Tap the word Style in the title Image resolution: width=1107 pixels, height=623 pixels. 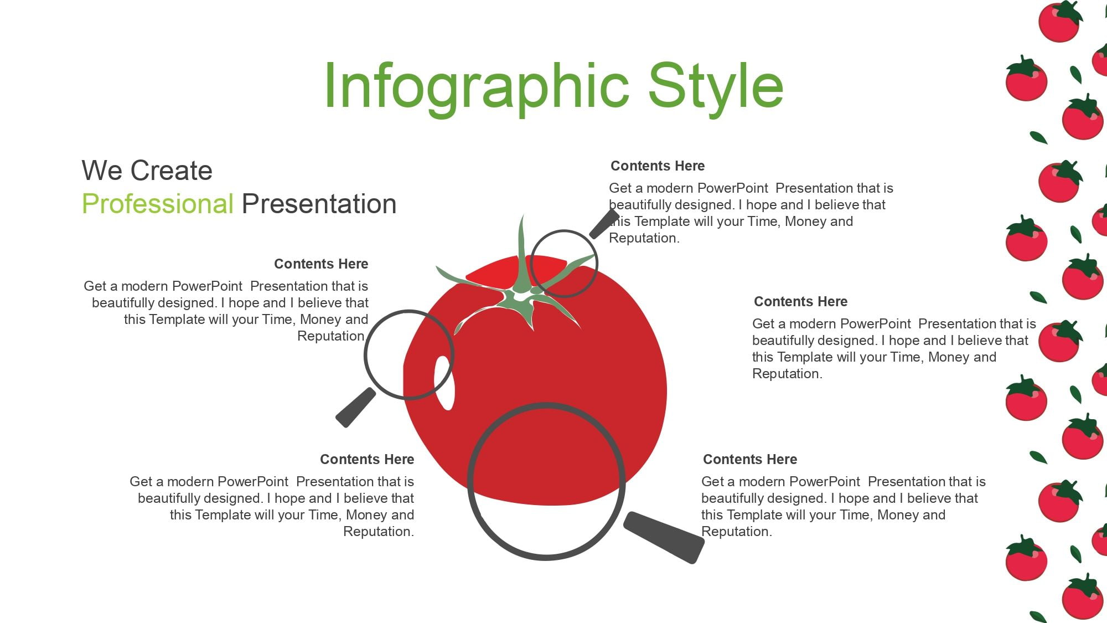(x=716, y=87)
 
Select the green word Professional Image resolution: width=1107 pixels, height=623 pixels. (x=158, y=204)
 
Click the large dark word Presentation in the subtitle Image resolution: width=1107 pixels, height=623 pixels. (x=319, y=204)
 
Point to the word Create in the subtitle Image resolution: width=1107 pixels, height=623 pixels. (x=172, y=171)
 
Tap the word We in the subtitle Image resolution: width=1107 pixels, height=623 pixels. (x=102, y=171)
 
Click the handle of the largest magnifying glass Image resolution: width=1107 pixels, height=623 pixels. (x=664, y=537)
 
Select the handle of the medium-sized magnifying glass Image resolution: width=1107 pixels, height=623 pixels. (x=356, y=408)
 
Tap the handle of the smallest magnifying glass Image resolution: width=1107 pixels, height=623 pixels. (x=604, y=224)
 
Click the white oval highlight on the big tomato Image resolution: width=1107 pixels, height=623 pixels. (x=444, y=383)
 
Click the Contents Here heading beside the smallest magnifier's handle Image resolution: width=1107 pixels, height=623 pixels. (x=658, y=166)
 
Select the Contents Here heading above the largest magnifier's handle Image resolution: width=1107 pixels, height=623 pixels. (x=750, y=459)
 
